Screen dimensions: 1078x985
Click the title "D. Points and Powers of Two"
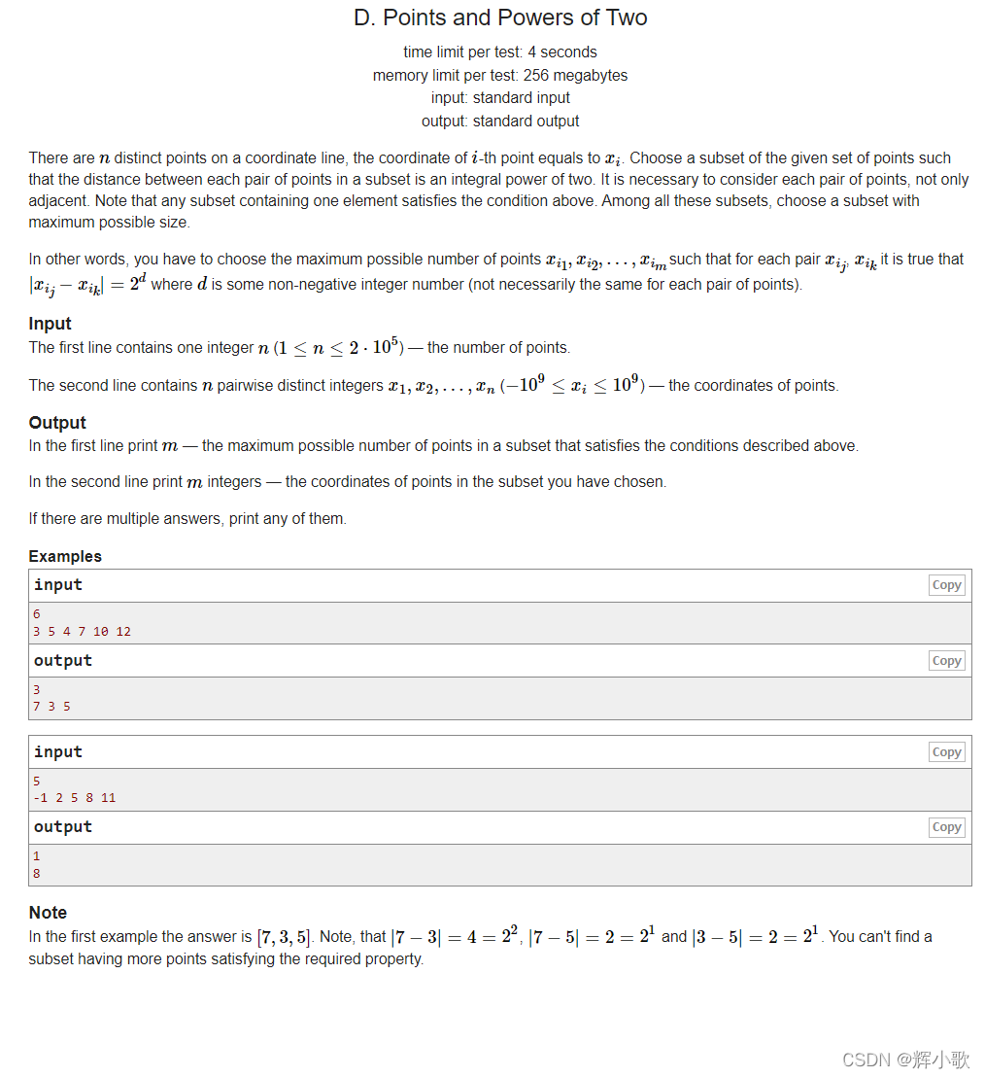point(500,17)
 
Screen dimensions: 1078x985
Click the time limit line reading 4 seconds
point(500,52)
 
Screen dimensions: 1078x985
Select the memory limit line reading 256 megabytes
point(500,75)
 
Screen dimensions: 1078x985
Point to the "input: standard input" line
point(500,98)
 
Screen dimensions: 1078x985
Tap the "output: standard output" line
point(500,122)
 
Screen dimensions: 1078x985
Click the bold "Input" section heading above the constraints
point(50,324)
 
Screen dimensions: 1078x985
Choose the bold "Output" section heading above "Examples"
point(57,423)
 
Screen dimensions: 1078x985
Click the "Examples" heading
point(65,556)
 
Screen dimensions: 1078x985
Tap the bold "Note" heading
point(48,913)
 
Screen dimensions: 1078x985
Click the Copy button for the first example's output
point(946,661)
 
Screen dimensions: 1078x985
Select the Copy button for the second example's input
point(946,752)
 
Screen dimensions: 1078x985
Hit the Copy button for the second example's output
point(946,827)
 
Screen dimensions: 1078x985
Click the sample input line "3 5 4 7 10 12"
point(82,632)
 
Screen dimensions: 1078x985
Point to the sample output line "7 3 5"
point(51,707)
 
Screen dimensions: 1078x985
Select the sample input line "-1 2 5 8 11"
point(74,798)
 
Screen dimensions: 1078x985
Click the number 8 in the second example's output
point(37,874)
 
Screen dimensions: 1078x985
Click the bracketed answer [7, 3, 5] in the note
point(284,937)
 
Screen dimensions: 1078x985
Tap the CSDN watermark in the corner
point(904,1059)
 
